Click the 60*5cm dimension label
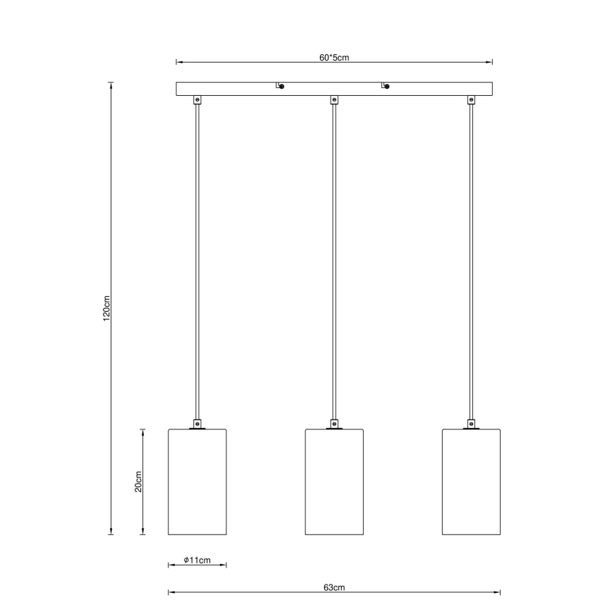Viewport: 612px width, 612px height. pos(334,58)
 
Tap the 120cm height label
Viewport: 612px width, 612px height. pos(106,308)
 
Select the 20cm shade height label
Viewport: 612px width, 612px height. pos(139,482)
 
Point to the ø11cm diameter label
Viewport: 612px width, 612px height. pos(197,560)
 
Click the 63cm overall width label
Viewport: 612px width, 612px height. pos(334,587)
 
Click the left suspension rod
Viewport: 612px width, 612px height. pos(197,261)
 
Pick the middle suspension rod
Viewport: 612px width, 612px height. pos(334,261)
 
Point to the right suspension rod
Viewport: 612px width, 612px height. pos(471,261)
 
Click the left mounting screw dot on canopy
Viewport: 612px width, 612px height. pos(281,87)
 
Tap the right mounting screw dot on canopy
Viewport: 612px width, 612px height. pos(388,87)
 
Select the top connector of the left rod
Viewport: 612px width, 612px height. pos(197,100)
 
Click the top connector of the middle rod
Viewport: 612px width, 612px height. pos(334,100)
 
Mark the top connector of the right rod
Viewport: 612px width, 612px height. pos(471,100)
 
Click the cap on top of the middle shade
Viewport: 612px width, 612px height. pos(334,424)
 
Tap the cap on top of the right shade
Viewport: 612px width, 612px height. pos(471,424)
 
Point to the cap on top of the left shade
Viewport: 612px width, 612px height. pos(197,424)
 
